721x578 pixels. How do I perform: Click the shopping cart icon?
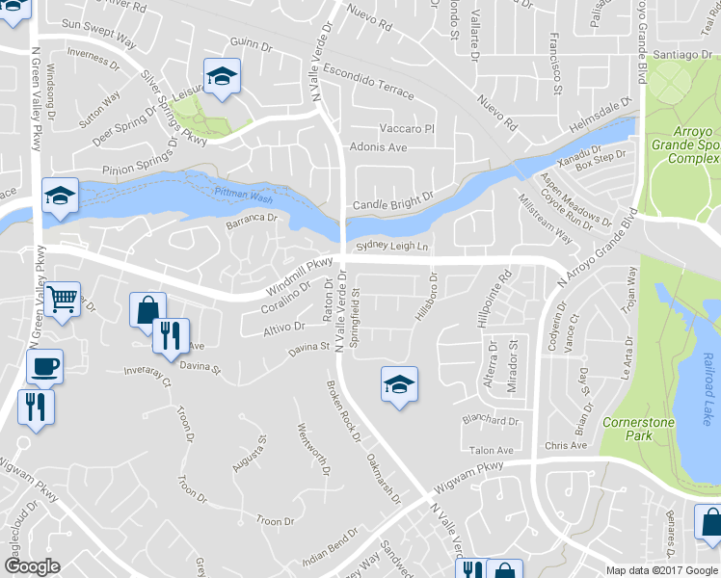pos(63,299)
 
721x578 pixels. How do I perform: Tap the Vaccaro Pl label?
pos(407,128)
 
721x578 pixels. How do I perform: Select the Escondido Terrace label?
pos(367,82)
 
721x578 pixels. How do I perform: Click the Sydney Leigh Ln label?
pos(390,248)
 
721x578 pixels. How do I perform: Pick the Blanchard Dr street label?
pos(491,420)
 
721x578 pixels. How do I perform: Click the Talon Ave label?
pos(491,450)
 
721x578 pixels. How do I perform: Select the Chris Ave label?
pos(565,445)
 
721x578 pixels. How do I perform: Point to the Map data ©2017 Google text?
pos(661,570)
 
